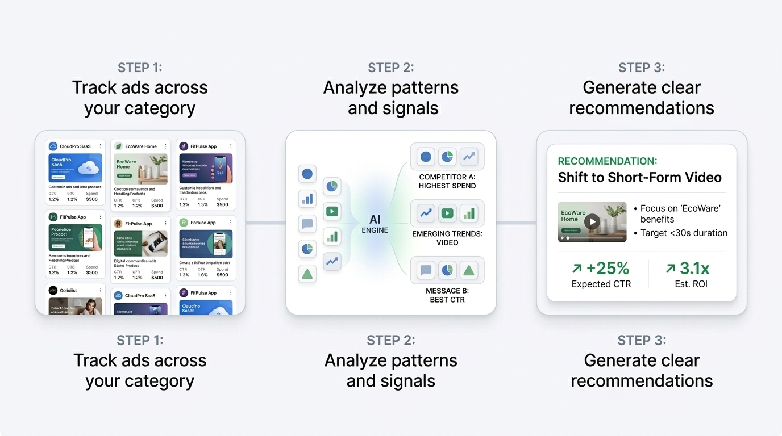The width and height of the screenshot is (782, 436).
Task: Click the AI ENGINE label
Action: coord(375,224)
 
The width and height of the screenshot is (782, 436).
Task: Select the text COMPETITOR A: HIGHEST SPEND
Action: coord(447,181)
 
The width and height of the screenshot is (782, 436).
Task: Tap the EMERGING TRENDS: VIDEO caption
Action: coord(447,238)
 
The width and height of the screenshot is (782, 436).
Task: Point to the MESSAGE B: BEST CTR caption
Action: coord(447,295)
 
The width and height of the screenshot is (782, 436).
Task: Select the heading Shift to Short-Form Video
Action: coord(639,177)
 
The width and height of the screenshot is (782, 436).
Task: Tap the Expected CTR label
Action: coord(601,284)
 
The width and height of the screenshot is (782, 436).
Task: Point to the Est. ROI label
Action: coord(691,284)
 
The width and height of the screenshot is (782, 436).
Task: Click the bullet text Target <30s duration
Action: coord(684,233)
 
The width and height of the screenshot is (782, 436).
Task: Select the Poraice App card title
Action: coord(203,223)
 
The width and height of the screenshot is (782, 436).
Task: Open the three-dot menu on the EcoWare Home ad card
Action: coord(166,146)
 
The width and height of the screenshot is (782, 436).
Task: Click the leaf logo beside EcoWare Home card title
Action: coord(118,146)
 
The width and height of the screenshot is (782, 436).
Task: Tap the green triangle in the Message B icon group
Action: coord(469,270)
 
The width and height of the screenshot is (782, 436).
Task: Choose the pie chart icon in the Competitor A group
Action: coord(447,157)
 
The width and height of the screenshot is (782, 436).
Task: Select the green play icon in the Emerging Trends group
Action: coord(447,213)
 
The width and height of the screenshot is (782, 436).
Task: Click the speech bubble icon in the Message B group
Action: coord(426,270)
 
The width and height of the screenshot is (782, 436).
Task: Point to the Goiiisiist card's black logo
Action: coord(53,290)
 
